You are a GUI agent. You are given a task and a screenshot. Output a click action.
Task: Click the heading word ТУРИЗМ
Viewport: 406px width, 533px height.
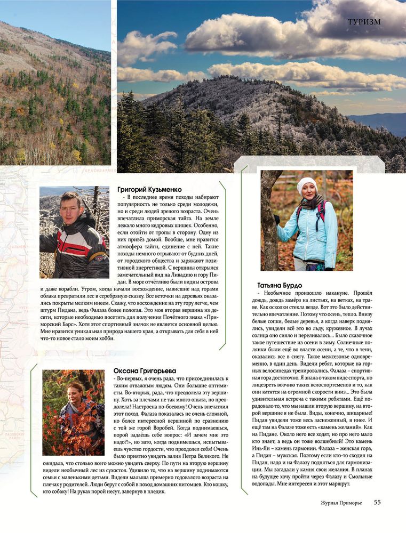(364, 22)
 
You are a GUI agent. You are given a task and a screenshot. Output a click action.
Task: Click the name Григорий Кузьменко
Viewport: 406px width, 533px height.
(149, 189)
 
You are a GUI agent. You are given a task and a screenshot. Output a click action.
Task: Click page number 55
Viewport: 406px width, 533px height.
(377, 502)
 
